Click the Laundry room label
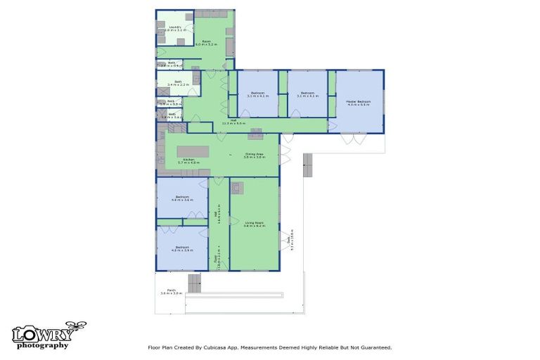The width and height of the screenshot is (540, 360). pos(174,29)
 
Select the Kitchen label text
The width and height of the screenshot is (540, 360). pos(188,161)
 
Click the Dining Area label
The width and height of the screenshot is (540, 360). pos(254,156)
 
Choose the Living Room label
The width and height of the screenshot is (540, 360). pos(254,224)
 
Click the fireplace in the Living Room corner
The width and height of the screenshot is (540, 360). pos(236,187)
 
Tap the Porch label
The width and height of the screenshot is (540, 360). pos(171,292)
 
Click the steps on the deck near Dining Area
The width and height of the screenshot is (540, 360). pos(307,167)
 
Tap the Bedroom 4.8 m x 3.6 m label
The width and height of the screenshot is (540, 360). pos(181,198)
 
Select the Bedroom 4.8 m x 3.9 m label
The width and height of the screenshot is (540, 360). pos(181,247)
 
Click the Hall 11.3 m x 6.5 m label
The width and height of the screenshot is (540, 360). pos(233,122)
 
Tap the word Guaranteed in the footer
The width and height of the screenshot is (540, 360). pos(372,347)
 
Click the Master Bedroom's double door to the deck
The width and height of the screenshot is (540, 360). pos(352,139)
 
